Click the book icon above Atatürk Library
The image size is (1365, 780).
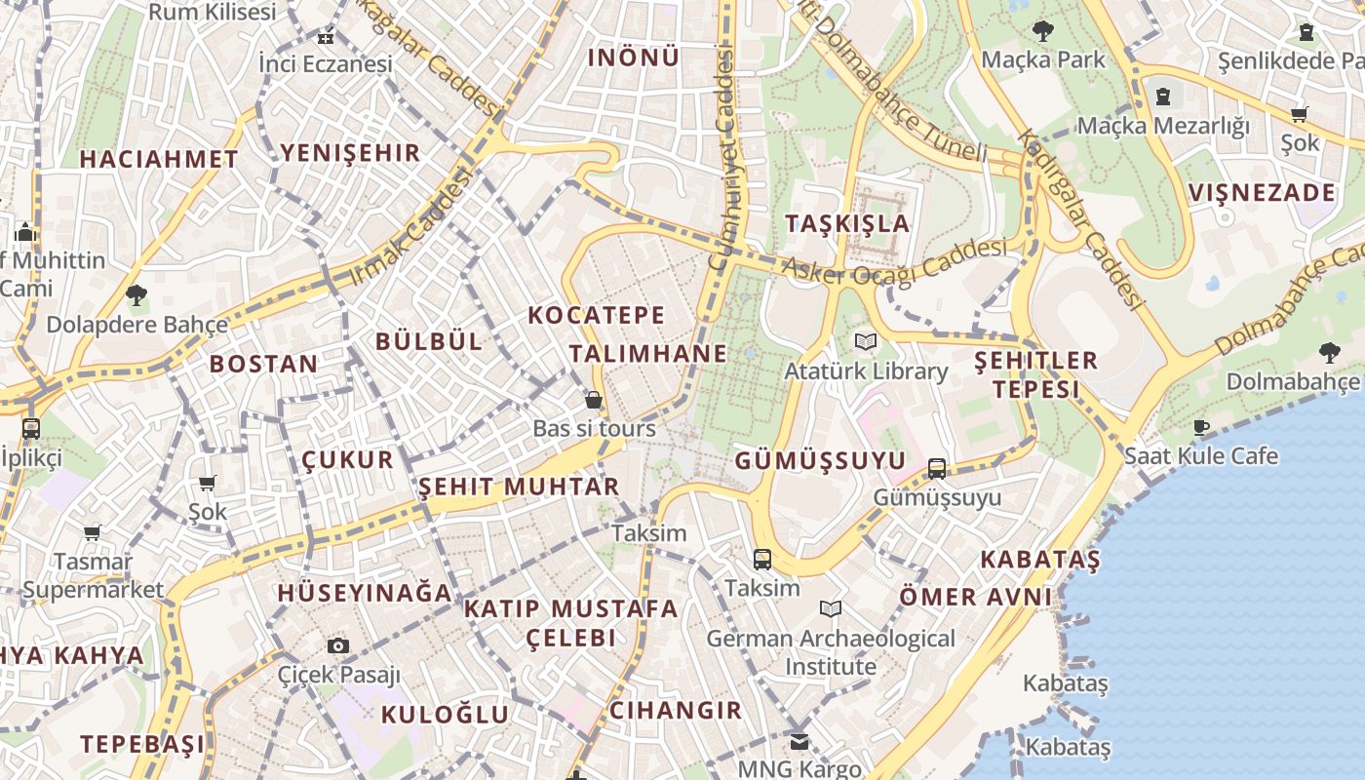pyautogui.click(x=865, y=342)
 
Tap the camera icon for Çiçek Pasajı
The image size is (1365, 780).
pyautogui.click(x=338, y=645)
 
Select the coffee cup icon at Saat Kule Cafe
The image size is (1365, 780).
pyautogui.click(x=1201, y=427)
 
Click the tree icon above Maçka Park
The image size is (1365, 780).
pyautogui.click(x=1043, y=31)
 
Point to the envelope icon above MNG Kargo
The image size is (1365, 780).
pyautogui.click(x=799, y=741)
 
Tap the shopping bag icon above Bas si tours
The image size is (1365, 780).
pyautogui.click(x=593, y=400)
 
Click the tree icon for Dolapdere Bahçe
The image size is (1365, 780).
pyautogui.click(x=136, y=294)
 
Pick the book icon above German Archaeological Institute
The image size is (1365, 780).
pyautogui.click(x=831, y=609)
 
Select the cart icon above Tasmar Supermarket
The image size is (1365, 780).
pyautogui.click(x=93, y=532)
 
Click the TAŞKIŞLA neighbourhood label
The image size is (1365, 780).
pyautogui.click(x=847, y=223)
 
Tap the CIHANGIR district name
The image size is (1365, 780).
pyautogui.click(x=676, y=710)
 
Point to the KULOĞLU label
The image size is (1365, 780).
pyautogui.click(x=445, y=714)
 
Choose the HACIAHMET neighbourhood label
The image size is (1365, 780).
pyautogui.click(x=159, y=159)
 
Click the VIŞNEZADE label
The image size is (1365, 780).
pyautogui.click(x=1262, y=192)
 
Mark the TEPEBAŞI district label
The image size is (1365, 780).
pyautogui.click(x=142, y=744)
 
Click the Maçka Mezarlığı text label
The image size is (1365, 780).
pyautogui.click(x=1162, y=126)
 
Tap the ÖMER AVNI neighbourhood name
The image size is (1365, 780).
pyautogui.click(x=975, y=596)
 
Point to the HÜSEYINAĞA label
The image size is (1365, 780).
pyautogui.click(x=365, y=593)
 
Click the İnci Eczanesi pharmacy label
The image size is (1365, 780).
pyautogui.click(x=326, y=64)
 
